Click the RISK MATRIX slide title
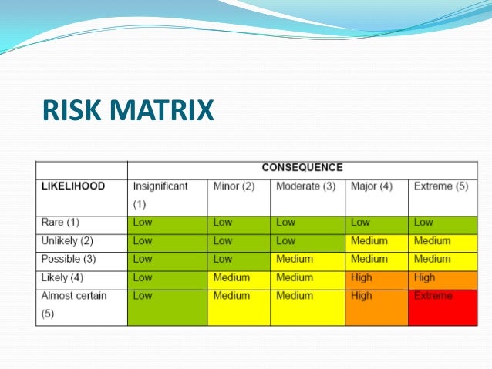click(x=128, y=110)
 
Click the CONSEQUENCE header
click(x=302, y=167)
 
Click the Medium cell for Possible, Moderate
click(x=308, y=260)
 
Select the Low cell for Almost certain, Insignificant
click(x=167, y=306)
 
